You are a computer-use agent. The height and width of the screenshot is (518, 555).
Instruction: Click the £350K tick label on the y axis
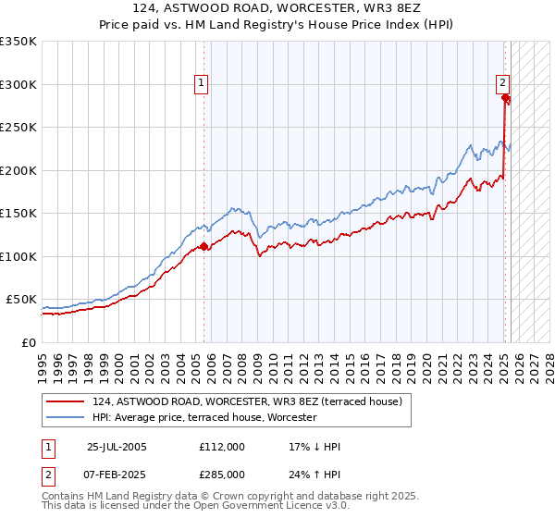[18, 42]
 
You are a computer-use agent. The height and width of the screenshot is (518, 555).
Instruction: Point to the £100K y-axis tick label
[18, 256]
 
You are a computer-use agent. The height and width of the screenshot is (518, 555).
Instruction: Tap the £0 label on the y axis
[29, 342]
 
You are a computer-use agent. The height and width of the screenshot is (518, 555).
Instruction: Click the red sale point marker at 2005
[204, 246]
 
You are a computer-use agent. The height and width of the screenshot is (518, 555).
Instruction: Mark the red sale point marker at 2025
[506, 98]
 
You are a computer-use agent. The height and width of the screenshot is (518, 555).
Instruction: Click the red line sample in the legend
[66, 402]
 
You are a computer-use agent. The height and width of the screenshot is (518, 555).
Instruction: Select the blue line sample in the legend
[66, 418]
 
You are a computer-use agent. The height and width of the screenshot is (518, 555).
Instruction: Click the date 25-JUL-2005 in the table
[117, 447]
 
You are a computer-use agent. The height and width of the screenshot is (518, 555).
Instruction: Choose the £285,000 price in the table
[223, 475]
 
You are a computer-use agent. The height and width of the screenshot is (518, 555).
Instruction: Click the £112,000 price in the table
[223, 447]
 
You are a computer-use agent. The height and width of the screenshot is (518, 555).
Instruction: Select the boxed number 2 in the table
[47, 475]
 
